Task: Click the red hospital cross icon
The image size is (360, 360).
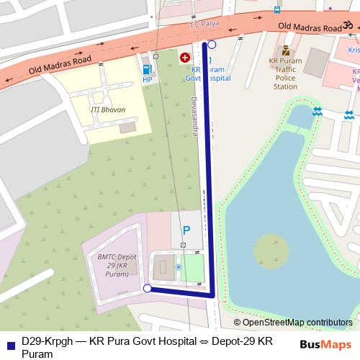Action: (185, 56)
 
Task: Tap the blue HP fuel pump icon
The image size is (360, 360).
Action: (148, 70)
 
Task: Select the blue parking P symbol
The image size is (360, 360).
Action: (186, 231)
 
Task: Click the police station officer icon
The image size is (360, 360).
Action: (286, 50)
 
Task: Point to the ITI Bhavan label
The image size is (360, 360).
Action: (108, 109)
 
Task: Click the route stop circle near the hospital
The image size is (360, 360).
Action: (211, 45)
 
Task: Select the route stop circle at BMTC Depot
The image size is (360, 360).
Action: (148, 289)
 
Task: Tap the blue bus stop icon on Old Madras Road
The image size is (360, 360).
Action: (277, 11)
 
